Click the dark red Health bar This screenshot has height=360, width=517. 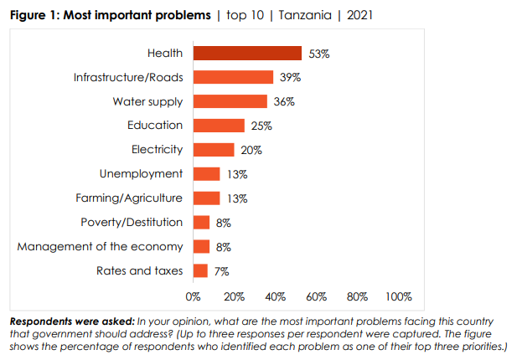point(247,54)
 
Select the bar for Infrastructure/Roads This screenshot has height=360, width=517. point(233,78)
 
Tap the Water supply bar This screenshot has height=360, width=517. point(230,102)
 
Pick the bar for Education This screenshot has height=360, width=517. point(219,126)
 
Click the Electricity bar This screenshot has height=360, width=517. point(214,150)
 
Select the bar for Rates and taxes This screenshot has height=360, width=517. point(200,270)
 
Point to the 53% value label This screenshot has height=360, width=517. point(319,54)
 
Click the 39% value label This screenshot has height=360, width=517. point(290,78)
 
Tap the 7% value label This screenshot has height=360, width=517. point(221,271)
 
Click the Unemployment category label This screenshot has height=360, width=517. point(141,174)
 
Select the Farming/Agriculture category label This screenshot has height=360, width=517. point(128,198)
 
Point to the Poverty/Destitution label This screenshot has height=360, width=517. point(132,222)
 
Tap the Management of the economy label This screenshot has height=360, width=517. point(100,246)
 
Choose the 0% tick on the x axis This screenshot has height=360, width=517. point(194,296)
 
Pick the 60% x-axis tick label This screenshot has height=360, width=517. point(316,296)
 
